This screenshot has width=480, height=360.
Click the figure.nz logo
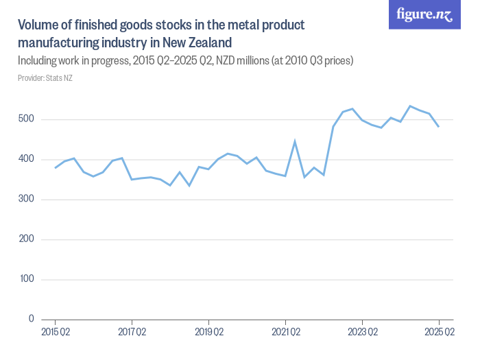[424, 15]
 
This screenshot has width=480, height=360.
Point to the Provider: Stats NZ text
[45, 78]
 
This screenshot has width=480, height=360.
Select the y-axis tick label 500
[27, 120]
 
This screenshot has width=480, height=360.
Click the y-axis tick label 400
[27, 160]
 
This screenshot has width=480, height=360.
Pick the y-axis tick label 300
[27, 200]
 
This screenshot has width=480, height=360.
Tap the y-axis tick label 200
[27, 239]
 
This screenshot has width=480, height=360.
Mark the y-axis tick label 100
[27, 279]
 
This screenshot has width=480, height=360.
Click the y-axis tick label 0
[32, 319]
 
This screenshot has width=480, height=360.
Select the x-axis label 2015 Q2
[55, 333]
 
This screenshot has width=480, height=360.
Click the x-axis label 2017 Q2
[132, 333]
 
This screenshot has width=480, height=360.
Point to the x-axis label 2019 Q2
[208, 333]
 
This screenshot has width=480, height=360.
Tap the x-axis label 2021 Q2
[285, 333]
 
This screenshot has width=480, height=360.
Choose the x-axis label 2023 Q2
[362, 333]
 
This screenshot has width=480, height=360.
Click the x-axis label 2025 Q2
[439, 333]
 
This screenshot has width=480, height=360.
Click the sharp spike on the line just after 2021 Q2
[295, 142]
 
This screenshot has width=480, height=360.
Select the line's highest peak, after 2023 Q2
[410, 106]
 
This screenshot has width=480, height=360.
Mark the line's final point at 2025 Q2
[439, 127]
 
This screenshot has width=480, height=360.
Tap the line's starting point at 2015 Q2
[55, 168]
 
